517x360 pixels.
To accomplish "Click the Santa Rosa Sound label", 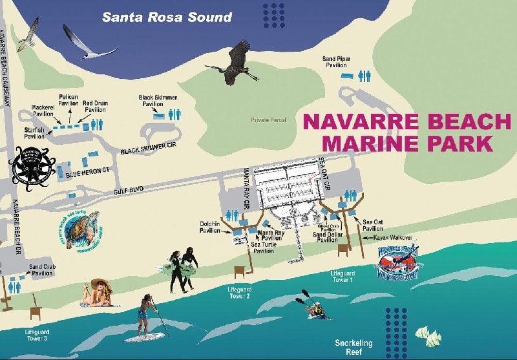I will tap(167, 17).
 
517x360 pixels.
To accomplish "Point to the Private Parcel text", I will tap(268, 120).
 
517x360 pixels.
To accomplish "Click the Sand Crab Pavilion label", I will tap(42, 270).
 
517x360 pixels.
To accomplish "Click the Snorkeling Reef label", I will tap(353, 343).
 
